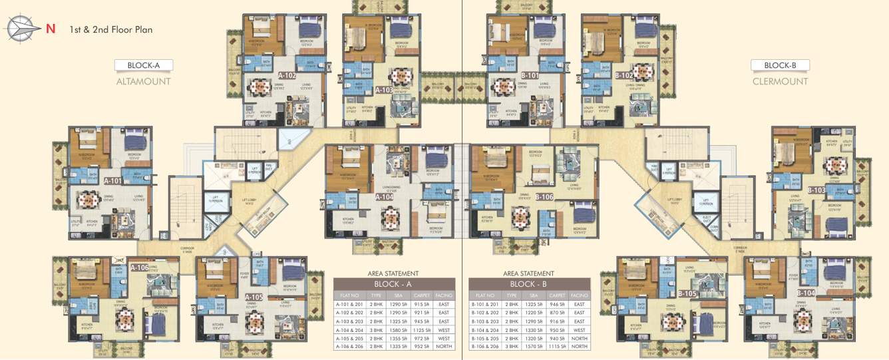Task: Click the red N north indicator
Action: point(51,29)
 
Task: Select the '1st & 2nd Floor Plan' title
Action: point(111,29)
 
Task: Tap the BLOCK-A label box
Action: point(143,65)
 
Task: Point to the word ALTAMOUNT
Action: point(143,81)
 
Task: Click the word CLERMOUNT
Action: point(780,81)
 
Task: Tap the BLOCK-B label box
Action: point(780,65)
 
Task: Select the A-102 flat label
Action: point(287,75)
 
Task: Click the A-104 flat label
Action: point(384,197)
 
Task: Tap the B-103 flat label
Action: point(816,190)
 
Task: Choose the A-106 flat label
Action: point(140,268)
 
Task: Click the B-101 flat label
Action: point(530,75)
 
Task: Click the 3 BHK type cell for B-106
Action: point(511,346)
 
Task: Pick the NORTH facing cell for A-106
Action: point(444,346)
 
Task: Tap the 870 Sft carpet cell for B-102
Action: point(557,313)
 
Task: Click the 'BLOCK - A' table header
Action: point(395,284)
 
